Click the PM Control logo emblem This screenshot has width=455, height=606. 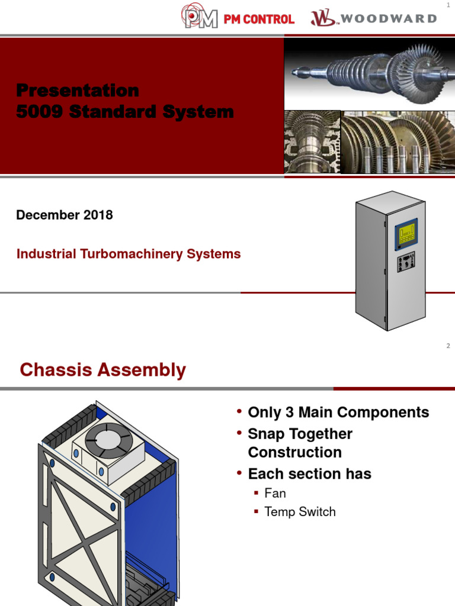click(x=199, y=16)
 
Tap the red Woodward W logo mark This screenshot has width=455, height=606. click(x=323, y=18)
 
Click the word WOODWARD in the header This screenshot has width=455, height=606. click(x=389, y=18)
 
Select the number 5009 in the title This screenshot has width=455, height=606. click(x=39, y=111)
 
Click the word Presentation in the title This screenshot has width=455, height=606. click(x=78, y=91)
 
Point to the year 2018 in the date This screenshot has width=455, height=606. click(x=98, y=215)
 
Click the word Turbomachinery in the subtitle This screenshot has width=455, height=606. click(x=131, y=254)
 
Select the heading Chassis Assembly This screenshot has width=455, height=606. click(x=103, y=370)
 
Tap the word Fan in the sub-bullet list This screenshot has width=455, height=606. click(x=275, y=493)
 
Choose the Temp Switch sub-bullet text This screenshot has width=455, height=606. click(x=300, y=512)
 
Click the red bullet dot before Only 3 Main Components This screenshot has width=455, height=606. click(x=239, y=411)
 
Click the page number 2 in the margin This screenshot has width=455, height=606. click(x=448, y=346)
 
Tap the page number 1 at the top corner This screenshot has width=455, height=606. click(x=448, y=5)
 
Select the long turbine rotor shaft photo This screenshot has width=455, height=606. click(x=370, y=73)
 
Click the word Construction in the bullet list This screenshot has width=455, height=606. click(x=295, y=453)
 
